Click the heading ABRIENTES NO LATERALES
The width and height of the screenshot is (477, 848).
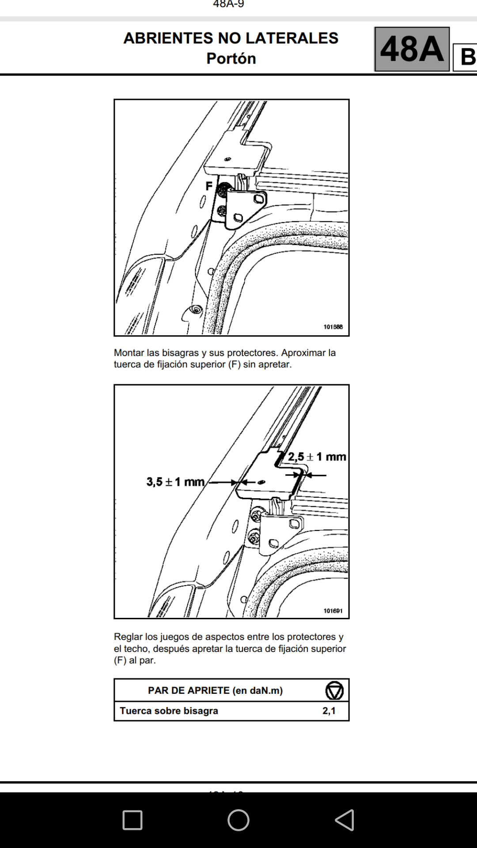[x=231, y=38]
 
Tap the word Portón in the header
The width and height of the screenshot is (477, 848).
[x=231, y=58]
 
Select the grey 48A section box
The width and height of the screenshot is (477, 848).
[x=412, y=49]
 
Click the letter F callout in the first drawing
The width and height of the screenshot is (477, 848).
[x=209, y=186]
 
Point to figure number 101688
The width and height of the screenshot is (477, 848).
[x=333, y=327]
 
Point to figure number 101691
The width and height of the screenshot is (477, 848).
[x=333, y=611]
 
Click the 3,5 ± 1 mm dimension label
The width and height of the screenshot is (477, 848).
[x=175, y=481]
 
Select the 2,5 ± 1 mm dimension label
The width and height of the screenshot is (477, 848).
[x=317, y=457]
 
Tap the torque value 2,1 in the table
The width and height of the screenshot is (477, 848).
[x=329, y=711]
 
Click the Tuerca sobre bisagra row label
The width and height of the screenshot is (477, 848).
[x=169, y=711]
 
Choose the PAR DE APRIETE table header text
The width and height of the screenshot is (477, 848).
[x=215, y=690]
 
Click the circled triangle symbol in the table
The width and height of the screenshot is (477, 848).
[x=334, y=690]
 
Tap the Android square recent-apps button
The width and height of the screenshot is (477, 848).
[x=132, y=820]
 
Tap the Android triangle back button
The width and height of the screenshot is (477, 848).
[x=344, y=820]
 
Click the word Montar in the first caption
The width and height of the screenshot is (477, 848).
[x=128, y=353]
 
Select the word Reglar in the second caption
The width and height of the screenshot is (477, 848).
[x=128, y=637]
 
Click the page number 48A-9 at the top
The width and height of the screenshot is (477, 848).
[x=228, y=4]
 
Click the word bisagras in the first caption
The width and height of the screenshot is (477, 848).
[x=180, y=353]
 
